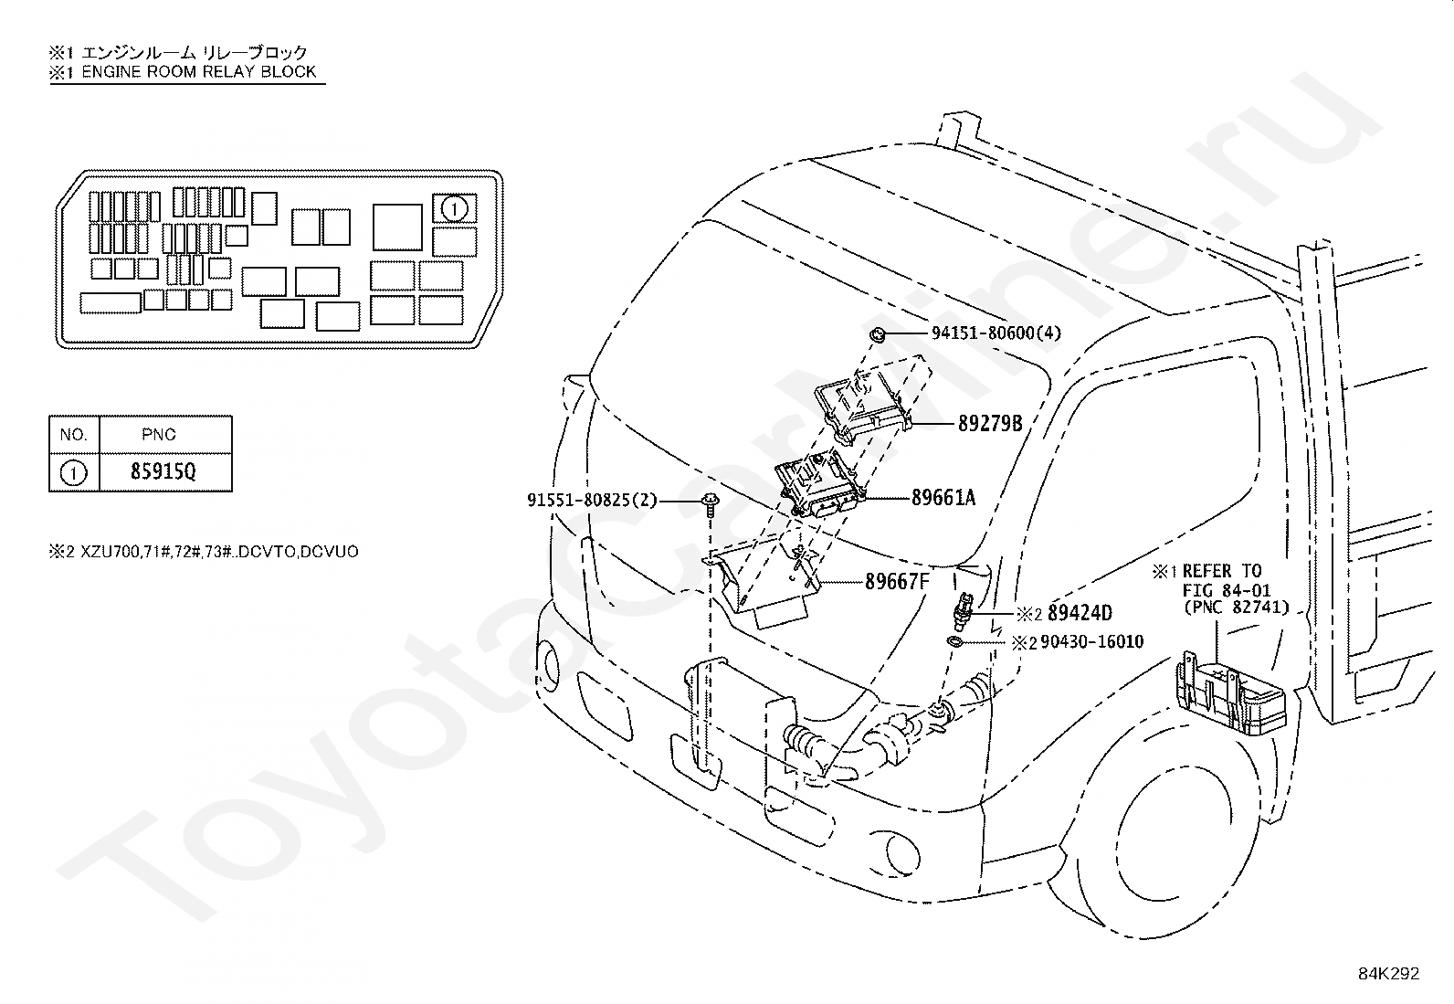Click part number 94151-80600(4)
coord(996,333)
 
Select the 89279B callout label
coord(990,424)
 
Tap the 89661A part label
coord(943,498)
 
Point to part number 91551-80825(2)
coord(592,500)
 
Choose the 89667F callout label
coord(897,582)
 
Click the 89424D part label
coord(1080,613)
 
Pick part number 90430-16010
coord(1091,641)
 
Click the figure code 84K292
coord(1388,974)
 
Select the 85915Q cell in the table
coord(163,471)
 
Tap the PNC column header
coord(158,435)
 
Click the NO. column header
coord(73,435)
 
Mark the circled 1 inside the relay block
coord(454,209)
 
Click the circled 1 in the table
coord(73,473)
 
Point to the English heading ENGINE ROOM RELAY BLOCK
coord(198,71)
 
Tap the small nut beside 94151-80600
coord(877,334)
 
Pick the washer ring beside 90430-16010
coord(954,642)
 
